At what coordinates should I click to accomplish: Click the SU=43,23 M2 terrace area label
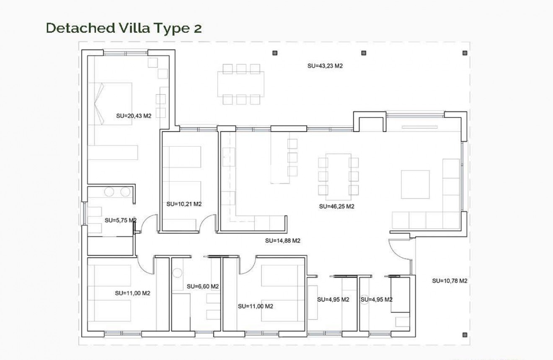tap(325, 66)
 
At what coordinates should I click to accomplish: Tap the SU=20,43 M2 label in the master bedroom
tap(133, 116)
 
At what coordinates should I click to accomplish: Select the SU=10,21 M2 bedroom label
tap(184, 205)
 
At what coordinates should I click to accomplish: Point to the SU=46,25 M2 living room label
tap(336, 207)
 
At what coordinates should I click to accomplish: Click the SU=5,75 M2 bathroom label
tap(120, 220)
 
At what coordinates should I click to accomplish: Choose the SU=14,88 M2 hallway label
tap(283, 241)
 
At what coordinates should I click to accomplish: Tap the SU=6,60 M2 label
tap(203, 287)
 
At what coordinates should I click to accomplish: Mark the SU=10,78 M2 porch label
tap(450, 281)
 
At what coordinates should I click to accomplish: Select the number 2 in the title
tap(197, 28)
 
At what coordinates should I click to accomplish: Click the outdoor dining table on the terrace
tap(241, 84)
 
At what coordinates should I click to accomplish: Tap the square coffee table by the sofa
tap(415, 184)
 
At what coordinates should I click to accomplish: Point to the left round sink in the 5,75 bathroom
tap(109, 192)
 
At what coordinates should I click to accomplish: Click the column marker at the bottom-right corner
tap(465, 334)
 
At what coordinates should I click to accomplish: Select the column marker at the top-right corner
tap(465, 53)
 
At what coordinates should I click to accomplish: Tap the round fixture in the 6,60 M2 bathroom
tap(177, 272)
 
